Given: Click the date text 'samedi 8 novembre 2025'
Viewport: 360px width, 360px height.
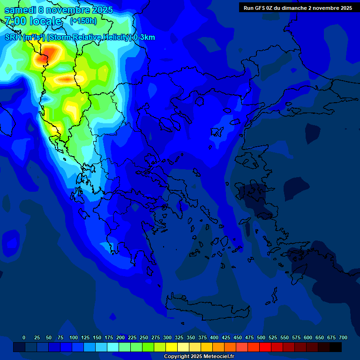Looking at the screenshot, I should (x=58, y=9).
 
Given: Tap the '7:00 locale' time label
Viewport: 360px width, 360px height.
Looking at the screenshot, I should (x=33, y=21).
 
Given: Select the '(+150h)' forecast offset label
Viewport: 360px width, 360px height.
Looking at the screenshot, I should (x=83, y=21).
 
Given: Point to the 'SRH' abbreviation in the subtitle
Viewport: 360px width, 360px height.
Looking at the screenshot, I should (x=13, y=37).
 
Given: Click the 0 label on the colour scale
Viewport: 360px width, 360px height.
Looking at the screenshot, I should (x=24, y=337).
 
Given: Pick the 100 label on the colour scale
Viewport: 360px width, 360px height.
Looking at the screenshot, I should (x=74, y=337).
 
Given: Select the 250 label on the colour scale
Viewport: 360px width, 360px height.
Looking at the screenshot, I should (x=144, y=337).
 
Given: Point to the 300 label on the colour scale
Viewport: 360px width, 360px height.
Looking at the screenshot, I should (x=167, y=337).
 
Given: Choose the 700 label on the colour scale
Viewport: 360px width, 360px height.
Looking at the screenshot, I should (x=343, y=337).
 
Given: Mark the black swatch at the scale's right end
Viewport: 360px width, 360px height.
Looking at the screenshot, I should (x=336, y=347).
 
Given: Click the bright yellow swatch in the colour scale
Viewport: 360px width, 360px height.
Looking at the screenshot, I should (x=172, y=347).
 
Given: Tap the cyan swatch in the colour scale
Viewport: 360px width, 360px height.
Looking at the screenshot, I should (x=113, y=347).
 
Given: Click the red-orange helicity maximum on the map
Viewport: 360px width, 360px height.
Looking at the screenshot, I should (x=42, y=58).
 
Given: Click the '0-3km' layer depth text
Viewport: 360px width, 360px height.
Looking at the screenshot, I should (x=144, y=37).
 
